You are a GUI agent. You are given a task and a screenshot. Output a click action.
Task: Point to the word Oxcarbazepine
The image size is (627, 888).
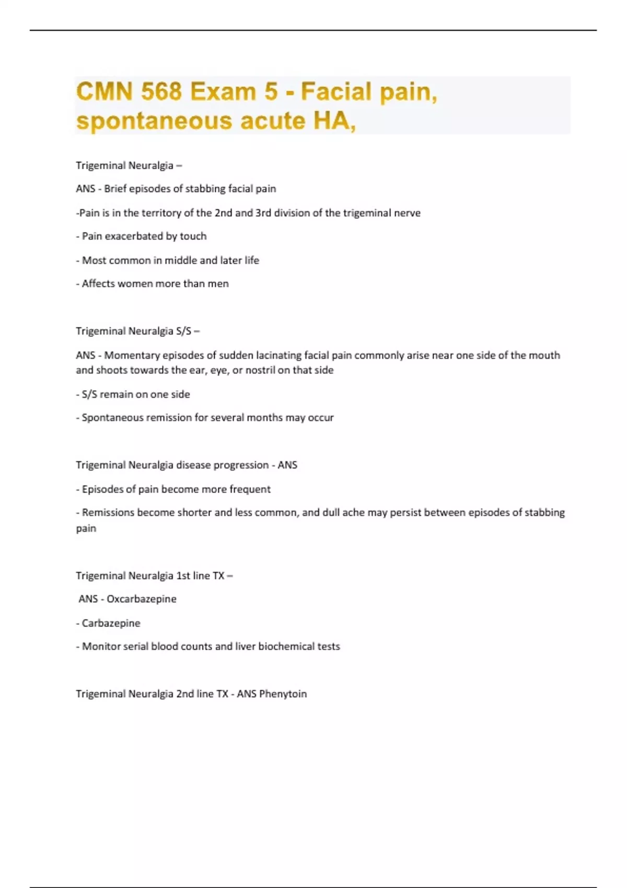pyautogui.click(x=142, y=599)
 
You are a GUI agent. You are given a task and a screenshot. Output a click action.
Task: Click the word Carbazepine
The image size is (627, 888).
pyautogui.click(x=111, y=623)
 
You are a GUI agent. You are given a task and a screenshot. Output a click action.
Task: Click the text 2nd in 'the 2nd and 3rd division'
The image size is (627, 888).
pyautogui.click(x=224, y=213)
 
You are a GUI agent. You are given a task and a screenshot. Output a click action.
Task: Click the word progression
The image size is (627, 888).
pyautogui.click(x=241, y=465)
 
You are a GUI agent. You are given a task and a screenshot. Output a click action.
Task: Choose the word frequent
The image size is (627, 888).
pyautogui.click(x=250, y=489)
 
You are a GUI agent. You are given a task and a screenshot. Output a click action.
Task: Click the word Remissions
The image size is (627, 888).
pyautogui.click(x=108, y=512)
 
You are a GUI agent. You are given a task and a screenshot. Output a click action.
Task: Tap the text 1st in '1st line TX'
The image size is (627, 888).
pyautogui.click(x=183, y=576)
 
